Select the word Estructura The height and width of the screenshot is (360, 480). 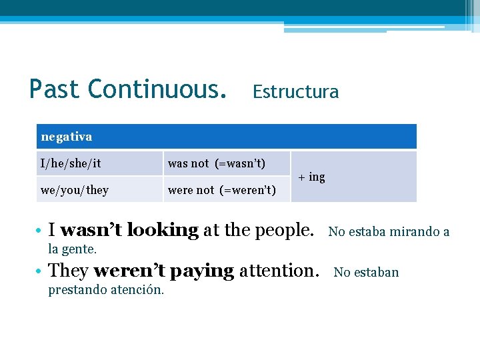click(295, 92)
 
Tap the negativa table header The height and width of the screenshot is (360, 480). click(67, 137)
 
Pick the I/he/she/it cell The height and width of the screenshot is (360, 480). click(71, 163)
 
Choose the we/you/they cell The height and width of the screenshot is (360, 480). click(74, 190)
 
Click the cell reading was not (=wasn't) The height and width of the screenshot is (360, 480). click(217, 163)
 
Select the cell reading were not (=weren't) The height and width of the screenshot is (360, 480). click(222, 190)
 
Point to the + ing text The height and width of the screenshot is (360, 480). click(311, 177)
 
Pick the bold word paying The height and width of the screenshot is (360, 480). click(195, 271)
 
